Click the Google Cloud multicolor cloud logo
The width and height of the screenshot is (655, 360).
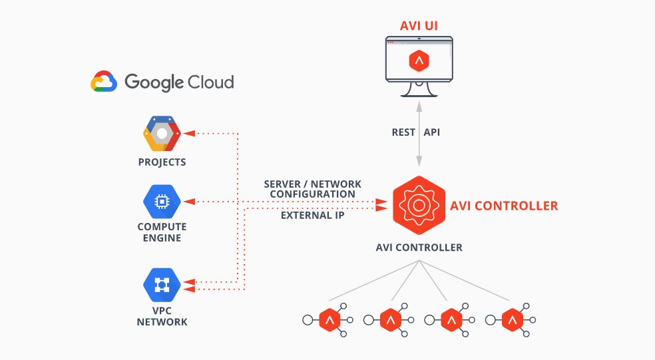[104, 82]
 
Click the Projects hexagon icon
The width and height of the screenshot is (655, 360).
[162, 133]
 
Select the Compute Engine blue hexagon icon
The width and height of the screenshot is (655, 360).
[162, 201]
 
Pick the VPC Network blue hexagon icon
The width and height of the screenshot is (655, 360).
[162, 285]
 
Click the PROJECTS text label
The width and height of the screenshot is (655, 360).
[162, 162]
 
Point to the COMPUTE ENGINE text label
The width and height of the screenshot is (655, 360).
[162, 232]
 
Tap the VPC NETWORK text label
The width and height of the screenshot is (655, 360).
[162, 317]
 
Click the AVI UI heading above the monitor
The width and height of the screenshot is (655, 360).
[419, 27]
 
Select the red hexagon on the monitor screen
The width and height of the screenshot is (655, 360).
[419, 62]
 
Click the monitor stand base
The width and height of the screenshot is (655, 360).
[419, 94]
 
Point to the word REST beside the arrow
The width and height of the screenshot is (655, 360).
[404, 132]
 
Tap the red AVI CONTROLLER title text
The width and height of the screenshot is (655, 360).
[504, 206]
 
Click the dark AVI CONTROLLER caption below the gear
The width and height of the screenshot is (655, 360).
[419, 248]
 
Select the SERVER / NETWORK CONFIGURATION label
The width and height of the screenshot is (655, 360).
[312, 188]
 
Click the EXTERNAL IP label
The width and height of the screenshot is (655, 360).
[312, 216]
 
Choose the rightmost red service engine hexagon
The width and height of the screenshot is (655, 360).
[513, 320]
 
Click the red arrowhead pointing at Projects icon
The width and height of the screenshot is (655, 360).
[189, 133]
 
